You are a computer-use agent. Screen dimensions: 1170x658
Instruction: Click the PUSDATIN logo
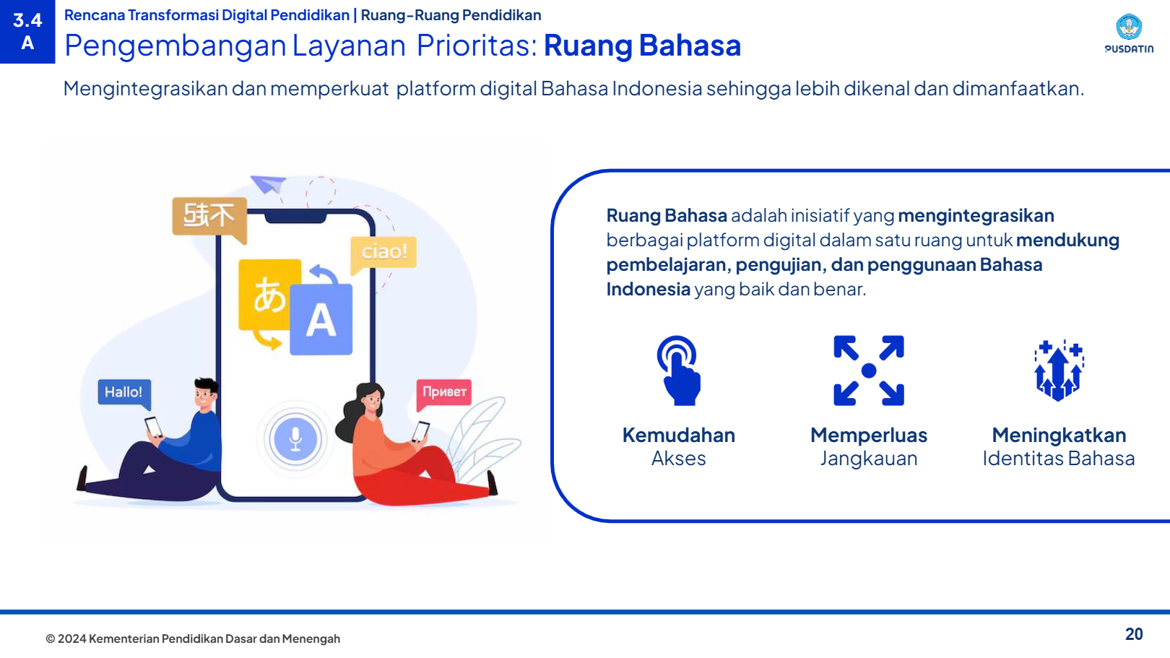pos(1129,33)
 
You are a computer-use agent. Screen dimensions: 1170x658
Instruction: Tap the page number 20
pos(1134,634)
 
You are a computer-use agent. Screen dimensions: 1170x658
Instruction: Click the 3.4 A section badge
pos(27,31)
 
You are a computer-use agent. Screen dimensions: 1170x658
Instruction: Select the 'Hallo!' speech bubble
pos(124,393)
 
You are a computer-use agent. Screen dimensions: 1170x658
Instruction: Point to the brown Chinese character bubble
pos(209,218)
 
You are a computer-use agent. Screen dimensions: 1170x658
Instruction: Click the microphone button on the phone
pos(295,438)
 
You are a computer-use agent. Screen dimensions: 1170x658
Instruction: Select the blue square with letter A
pos(321,319)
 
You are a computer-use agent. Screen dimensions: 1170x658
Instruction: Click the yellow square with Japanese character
pos(269,295)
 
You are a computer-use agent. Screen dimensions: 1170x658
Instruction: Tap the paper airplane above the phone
pos(268,184)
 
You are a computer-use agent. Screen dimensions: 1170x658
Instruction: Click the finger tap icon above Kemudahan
pos(678,371)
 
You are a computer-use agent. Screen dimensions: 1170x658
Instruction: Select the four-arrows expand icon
pos(869,371)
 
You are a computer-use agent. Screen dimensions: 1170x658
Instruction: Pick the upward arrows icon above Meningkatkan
pos(1059,371)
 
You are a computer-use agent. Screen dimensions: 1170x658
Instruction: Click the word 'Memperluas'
pos(869,435)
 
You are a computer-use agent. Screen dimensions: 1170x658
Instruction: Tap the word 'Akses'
pos(678,459)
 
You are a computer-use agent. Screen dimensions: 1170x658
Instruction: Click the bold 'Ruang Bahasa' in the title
pos(643,45)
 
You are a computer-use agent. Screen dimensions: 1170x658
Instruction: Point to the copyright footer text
pos(193,638)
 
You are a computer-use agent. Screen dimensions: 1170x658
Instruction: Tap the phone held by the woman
pos(420,431)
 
